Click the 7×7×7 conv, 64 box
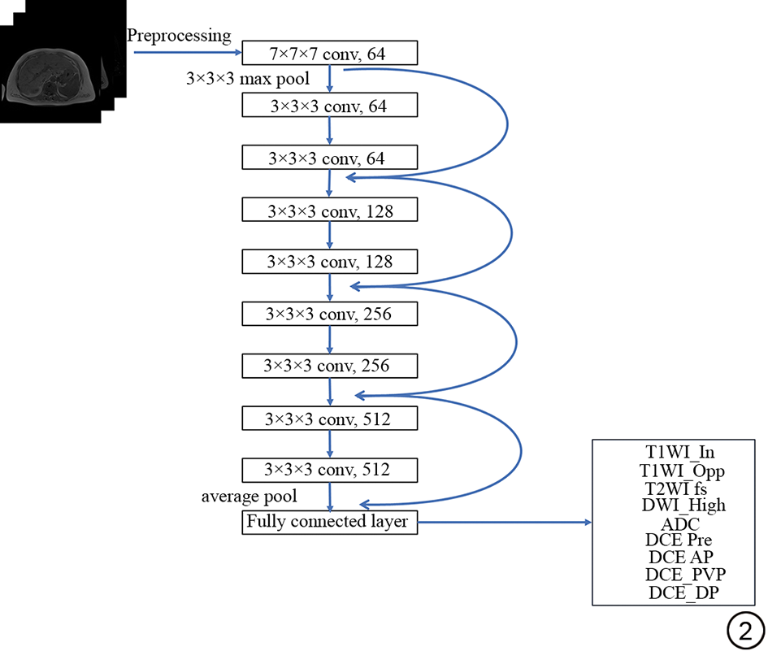pos(329,54)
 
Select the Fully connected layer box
pos(329,522)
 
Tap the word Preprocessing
pos(179,36)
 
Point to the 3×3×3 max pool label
pos(238,80)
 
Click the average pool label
pos(249,496)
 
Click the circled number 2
pos(745,629)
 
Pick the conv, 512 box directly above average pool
pos(329,470)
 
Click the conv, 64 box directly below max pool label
pos(329,106)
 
